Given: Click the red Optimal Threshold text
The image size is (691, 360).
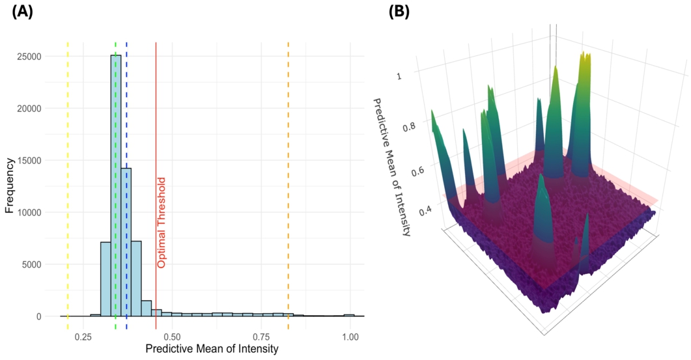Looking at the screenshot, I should click(x=162, y=222).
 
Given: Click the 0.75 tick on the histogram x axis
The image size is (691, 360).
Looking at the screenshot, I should click(x=261, y=337).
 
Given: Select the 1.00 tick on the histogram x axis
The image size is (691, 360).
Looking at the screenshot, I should click(x=350, y=337).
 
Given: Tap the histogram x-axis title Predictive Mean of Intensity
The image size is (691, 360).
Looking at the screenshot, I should click(x=212, y=350).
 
